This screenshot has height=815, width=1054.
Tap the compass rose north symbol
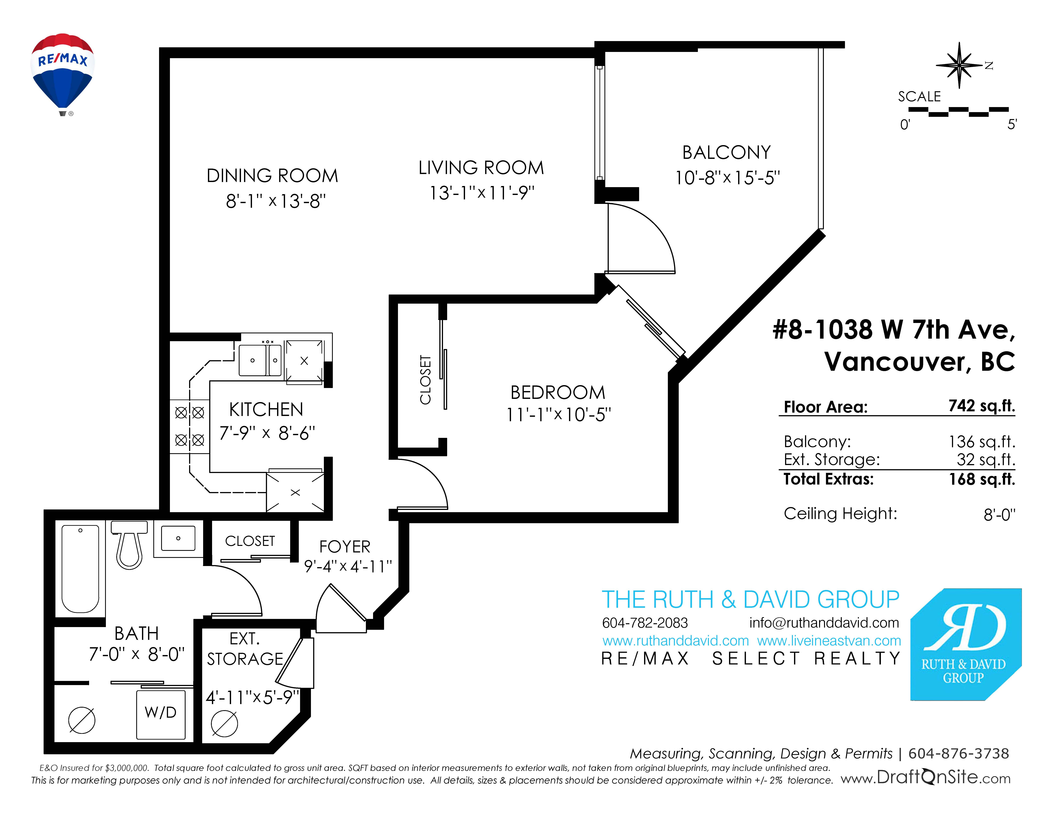point(959,65)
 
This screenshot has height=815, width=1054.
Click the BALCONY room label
point(726,153)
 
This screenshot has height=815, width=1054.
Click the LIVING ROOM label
point(481,167)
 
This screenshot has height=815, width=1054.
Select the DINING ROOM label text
point(272,176)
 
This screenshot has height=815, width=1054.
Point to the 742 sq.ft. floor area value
point(982,406)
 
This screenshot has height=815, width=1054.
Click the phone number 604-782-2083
point(645,623)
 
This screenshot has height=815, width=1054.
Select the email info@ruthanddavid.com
point(824,623)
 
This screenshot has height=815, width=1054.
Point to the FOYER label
point(345,547)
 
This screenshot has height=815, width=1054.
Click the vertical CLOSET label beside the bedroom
point(425,380)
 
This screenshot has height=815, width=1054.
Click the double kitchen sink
point(261,360)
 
